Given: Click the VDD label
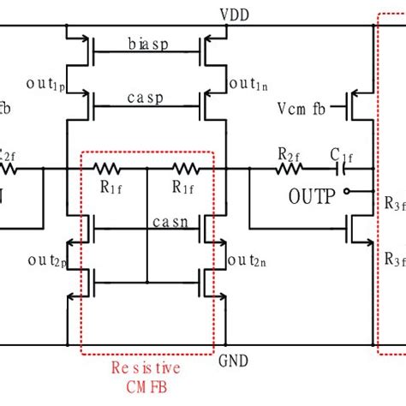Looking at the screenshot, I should [x=231, y=15].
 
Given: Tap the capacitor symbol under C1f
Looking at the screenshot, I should [x=345, y=169].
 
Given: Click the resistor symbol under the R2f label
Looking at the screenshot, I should [x=289, y=169].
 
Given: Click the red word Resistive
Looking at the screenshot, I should [x=146, y=369].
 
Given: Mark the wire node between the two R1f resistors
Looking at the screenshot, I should [x=147, y=169].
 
